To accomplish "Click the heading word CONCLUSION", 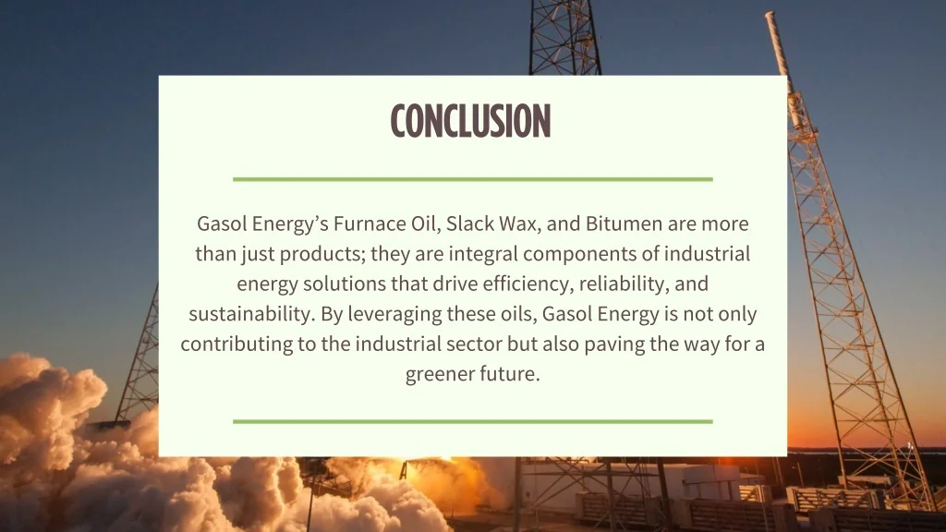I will (470, 121).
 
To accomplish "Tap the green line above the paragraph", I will (472, 179).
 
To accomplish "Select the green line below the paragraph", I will (472, 421).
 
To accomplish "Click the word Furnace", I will (368, 224).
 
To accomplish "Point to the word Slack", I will (470, 224).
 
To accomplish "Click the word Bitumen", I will (621, 224).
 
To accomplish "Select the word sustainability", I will (250, 314).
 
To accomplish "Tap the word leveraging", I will (394, 314).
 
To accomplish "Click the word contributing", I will (233, 345).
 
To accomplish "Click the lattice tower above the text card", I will (564, 37).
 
